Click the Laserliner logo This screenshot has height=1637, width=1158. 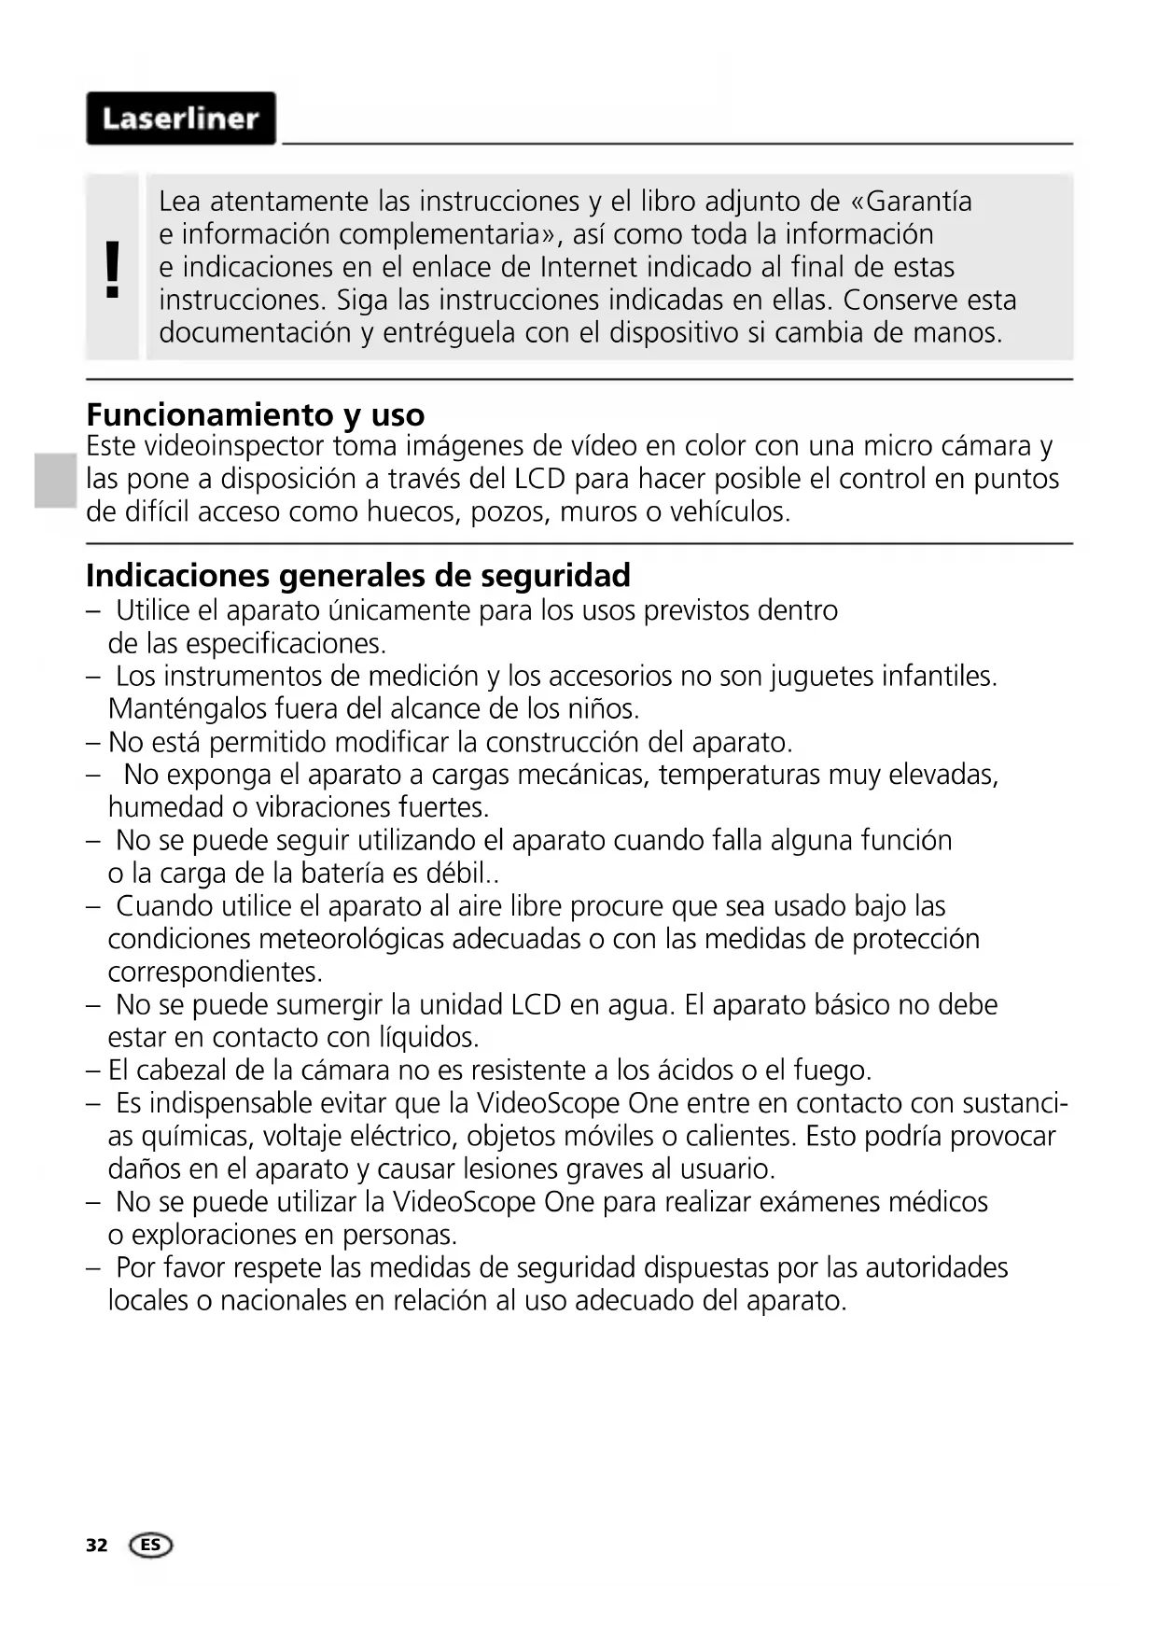pos(181,119)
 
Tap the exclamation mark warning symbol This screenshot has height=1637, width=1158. pos(113,268)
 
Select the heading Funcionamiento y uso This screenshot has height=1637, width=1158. pos(255,413)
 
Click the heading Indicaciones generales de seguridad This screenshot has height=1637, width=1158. pos(357,575)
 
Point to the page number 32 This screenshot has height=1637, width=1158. pos(96,1546)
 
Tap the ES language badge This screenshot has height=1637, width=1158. pos(151,1546)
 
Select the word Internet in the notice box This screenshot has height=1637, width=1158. pos(593,267)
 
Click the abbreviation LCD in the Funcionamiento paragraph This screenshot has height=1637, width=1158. pos(539,479)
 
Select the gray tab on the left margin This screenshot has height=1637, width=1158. pos(56,480)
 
